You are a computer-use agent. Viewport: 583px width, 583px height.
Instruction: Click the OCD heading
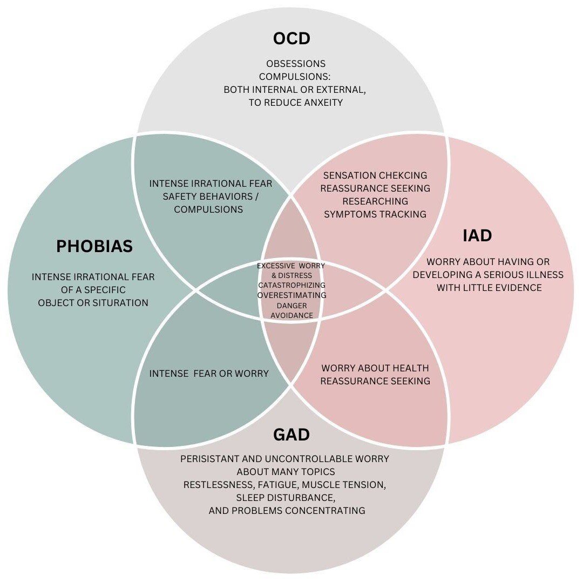click(x=291, y=39)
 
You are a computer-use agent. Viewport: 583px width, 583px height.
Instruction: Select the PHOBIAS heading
click(x=94, y=247)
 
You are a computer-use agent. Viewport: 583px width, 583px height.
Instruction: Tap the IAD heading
click(x=477, y=236)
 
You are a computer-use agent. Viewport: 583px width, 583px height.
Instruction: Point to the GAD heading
click(x=291, y=435)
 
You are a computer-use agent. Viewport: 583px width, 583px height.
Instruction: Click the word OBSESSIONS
click(x=295, y=64)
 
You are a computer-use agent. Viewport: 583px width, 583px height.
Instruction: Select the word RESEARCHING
click(x=375, y=201)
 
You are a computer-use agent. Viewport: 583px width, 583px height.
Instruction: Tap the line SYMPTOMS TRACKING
click(x=375, y=214)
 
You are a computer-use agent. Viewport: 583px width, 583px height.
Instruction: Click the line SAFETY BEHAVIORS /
click(x=211, y=196)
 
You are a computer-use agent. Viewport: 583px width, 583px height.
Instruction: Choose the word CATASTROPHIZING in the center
click(x=291, y=285)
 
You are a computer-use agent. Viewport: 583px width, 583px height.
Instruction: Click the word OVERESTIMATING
click(x=291, y=295)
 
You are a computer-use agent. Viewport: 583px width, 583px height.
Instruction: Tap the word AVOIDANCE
click(x=291, y=315)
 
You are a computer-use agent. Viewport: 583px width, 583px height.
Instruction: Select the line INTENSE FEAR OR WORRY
click(x=209, y=374)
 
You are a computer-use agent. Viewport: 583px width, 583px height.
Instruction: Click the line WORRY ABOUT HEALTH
click(x=375, y=368)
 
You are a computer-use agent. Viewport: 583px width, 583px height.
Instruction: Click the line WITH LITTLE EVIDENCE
click(x=489, y=288)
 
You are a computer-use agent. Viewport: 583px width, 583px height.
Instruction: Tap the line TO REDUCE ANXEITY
click(x=295, y=103)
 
